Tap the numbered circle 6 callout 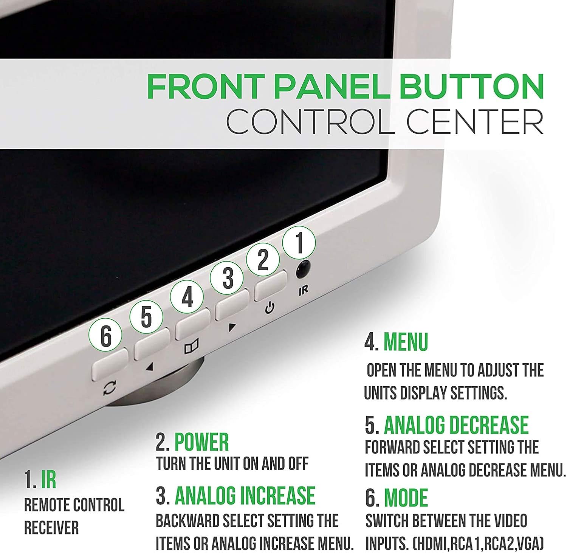pos(105,336)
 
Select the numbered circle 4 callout pos(187,298)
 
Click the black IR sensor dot pos(303,269)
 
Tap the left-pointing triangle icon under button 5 pos(150,366)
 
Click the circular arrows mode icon pos(110,388)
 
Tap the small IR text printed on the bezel pos(303,290)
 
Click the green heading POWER pos(201,442)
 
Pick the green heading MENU pos(406,342)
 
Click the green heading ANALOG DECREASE pos(456,425)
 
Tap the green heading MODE pos(406,498)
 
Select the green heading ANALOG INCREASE pos(245,496)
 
